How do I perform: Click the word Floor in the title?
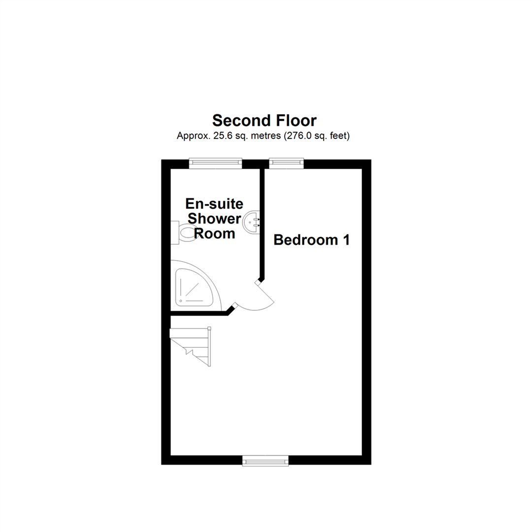coord(296,121)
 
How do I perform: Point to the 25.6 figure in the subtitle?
coord(223,136)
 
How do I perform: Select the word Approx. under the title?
coord(194,136)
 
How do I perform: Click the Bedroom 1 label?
coord(311,240)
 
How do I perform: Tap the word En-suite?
coord(214,204)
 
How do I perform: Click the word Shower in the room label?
coord(214,219)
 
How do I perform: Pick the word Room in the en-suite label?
coord(214,234)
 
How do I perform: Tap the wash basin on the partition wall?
coord(251,223)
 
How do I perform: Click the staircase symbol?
coord(190,346)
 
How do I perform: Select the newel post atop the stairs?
coord(209,329)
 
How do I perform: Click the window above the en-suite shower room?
coord(215,163)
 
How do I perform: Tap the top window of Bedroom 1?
coord(286,163)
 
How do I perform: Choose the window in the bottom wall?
coord(266,461)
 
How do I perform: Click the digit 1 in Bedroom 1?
coord(346,240)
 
